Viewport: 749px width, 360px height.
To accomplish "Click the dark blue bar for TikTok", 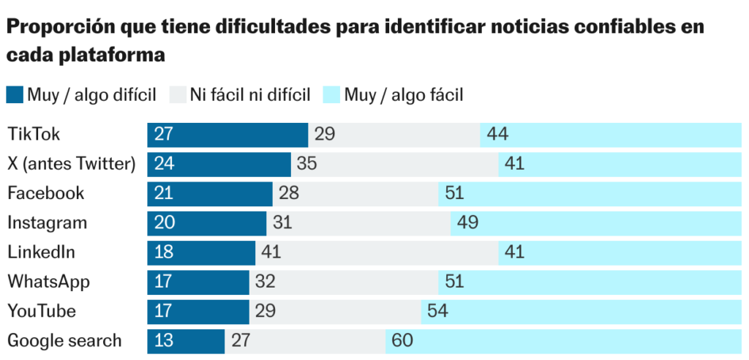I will [227, 135].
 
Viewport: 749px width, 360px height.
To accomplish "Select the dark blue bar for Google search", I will [186, 341].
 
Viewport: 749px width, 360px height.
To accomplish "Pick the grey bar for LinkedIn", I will [377, 252].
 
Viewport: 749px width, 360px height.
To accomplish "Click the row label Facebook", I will [46, 193].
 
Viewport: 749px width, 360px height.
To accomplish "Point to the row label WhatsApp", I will [49, 282].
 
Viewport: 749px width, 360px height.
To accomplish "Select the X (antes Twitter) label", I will [72, 164].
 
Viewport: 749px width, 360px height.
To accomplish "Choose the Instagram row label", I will [48, 222].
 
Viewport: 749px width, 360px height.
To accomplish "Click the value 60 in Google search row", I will [402, 341].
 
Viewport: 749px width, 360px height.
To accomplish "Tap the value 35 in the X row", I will [306, 164].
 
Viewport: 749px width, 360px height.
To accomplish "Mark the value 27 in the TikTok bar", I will [164, 135].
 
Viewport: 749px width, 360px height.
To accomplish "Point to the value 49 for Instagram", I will [467, 222].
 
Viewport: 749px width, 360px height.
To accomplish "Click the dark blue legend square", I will [15, 95].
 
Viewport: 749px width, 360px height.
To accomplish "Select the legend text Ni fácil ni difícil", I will [251, 95].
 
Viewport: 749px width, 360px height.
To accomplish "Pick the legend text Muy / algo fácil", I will [404, 95].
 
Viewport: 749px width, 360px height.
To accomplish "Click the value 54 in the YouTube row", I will [437, 311].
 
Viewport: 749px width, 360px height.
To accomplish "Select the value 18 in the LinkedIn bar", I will [164, 252].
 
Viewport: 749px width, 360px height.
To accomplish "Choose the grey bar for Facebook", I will [355, 193].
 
